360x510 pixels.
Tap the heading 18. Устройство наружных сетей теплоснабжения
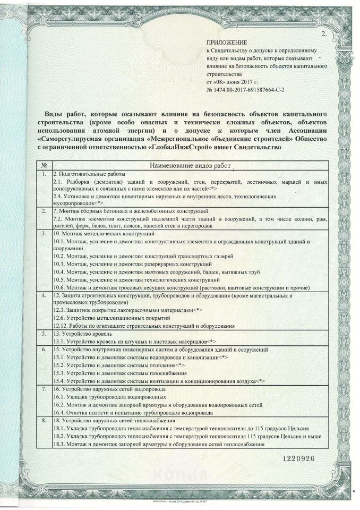point(114,421)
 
